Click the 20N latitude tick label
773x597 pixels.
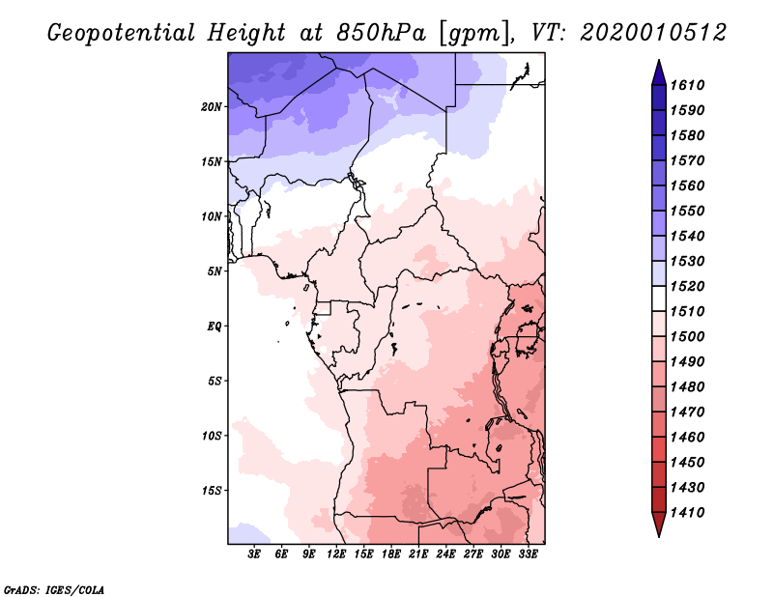click(212, 106)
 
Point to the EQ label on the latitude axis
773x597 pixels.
click(214, 326)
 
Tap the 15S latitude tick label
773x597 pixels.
click(212, 490)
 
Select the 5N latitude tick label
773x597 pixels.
click(215, 271)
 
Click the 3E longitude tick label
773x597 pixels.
click(255, 554)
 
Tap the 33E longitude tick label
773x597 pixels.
click(529, 554)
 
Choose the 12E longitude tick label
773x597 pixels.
click(337, 554)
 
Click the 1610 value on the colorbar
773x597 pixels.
click(690, 85)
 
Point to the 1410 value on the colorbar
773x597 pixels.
click(690, 512)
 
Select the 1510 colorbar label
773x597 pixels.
click(690, 311)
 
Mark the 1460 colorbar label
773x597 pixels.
click(690, 437)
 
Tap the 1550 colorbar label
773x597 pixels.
click(690, 211)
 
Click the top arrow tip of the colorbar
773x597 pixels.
click(658, 62)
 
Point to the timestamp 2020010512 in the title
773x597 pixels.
click(653, 32)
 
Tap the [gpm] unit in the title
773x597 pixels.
click(471, 32)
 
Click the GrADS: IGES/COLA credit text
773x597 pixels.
click(53, 588)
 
